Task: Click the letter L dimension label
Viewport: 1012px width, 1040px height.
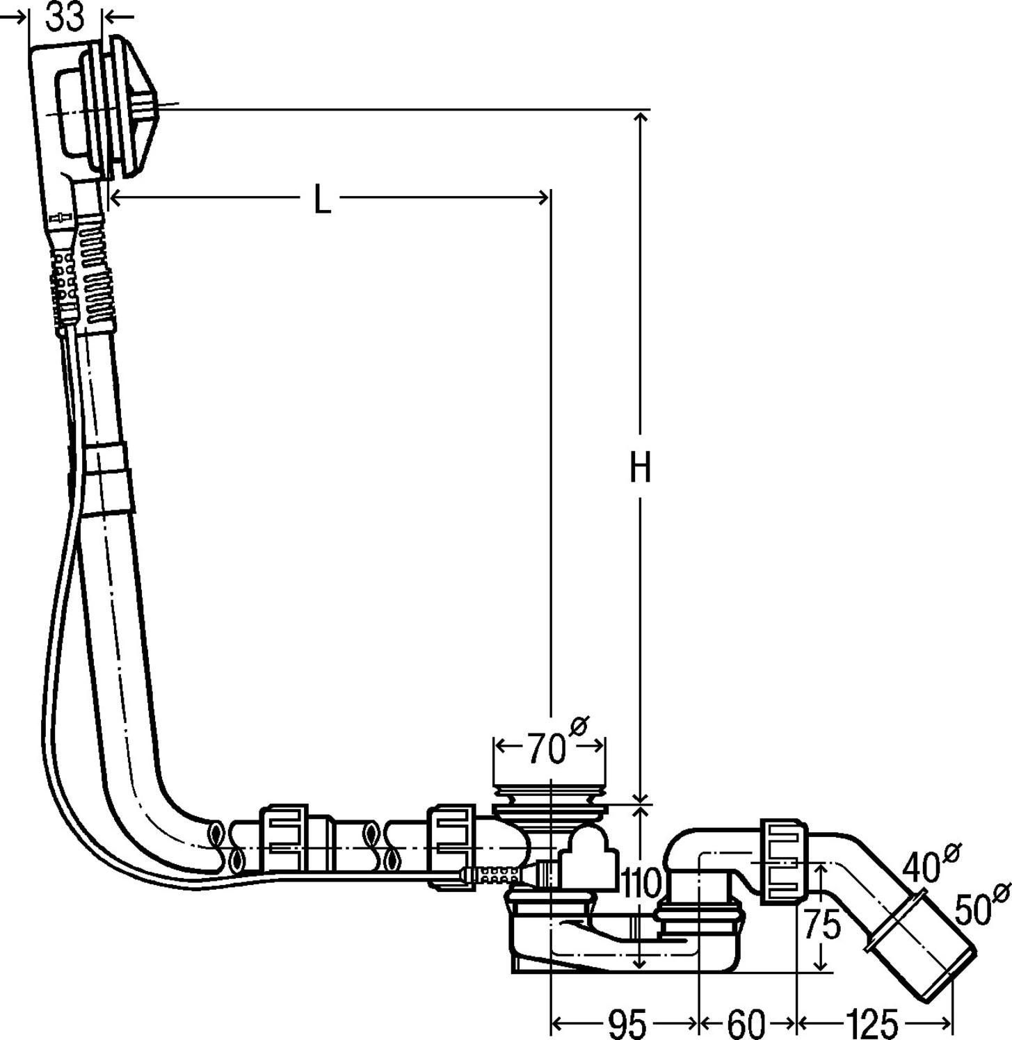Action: pos(321,200)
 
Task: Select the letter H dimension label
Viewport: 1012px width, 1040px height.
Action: pos(640,467)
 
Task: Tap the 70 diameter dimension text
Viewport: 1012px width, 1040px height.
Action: pos(546,749)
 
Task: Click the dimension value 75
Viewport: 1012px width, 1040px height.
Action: pos(822,925)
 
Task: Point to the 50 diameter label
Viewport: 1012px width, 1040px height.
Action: pos(974,909)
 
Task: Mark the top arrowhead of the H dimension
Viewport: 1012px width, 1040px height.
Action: pos(640,117)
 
